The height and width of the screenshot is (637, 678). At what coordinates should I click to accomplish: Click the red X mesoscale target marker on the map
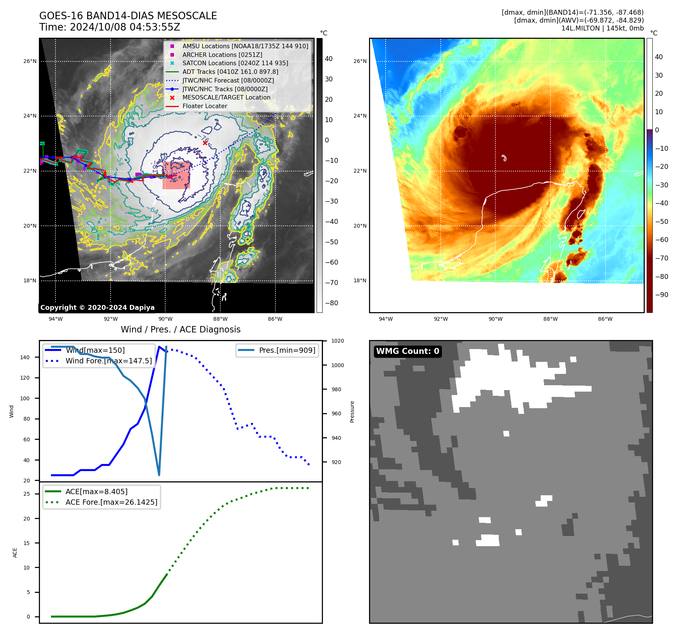[205, 143]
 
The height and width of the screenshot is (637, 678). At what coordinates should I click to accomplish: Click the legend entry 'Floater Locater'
[204, 106]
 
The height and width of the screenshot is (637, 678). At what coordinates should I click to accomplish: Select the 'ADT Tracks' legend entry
[230, 72]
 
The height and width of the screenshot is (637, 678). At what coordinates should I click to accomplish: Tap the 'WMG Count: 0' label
[407, 351]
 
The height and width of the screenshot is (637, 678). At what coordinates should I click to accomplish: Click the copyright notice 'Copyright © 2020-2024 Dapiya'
[97, 308]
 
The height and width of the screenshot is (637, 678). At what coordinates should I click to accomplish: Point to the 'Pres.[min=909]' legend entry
[287, 350]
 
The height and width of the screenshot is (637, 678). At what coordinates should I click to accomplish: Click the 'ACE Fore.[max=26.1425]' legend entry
[111, 502]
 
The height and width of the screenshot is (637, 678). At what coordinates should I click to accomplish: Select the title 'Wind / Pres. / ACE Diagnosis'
[180, 329]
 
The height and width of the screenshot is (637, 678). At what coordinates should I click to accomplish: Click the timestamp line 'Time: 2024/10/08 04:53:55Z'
[109, 28]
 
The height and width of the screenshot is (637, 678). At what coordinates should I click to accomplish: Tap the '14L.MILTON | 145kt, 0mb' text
[602, 28]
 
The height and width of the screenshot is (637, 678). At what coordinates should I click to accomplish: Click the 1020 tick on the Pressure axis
[338, 341]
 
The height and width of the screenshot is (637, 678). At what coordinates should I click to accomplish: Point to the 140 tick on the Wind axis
[25, 357]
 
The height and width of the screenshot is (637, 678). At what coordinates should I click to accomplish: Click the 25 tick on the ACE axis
[27, 494]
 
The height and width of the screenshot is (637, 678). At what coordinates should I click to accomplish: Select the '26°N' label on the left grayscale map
[30, 61]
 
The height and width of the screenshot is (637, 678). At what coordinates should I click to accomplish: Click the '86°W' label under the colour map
[605, 319]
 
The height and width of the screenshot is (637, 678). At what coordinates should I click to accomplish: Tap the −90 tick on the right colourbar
[661, 295]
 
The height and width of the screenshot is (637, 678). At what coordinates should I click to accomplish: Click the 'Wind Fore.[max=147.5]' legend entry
[109, 361]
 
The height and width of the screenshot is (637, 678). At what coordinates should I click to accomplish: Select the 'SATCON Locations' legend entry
[235, 63]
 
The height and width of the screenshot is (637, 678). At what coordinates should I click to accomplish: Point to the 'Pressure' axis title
[352, 412]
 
